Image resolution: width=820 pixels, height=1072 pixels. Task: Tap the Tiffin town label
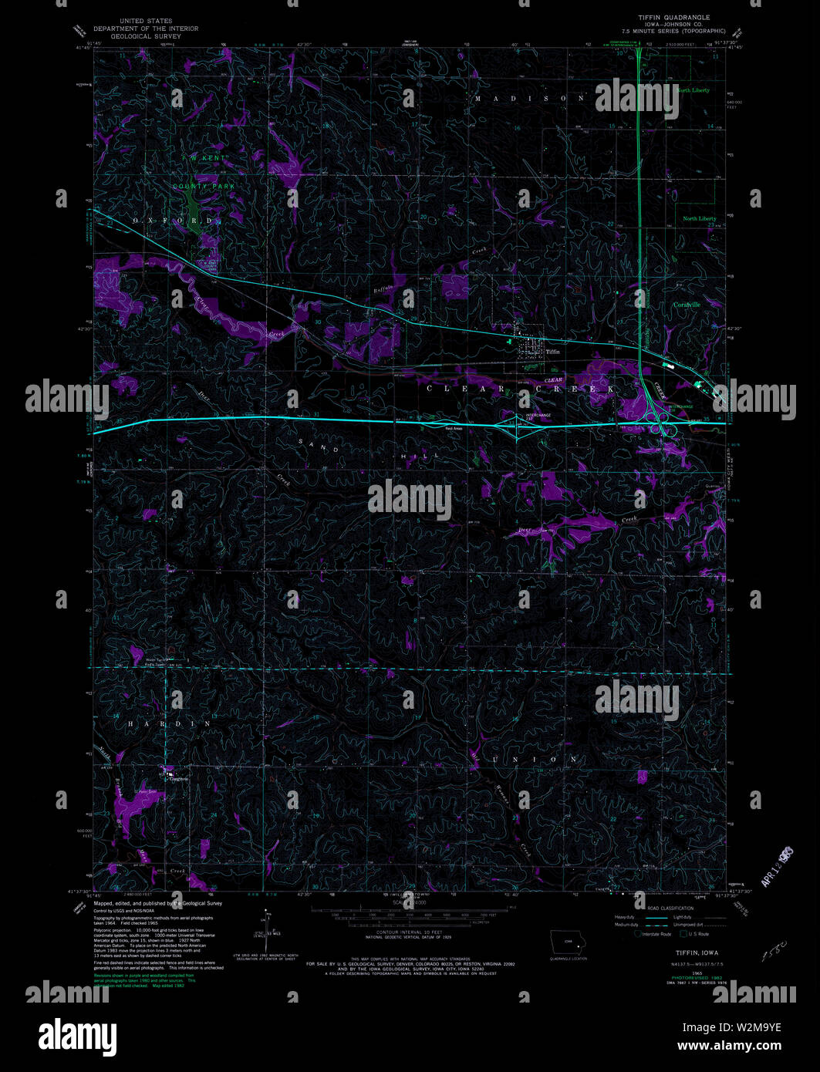552,351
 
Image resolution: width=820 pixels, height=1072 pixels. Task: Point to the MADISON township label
529,99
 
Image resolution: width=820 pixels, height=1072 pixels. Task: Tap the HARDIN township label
158,724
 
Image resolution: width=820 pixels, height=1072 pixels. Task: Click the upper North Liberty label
693,90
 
